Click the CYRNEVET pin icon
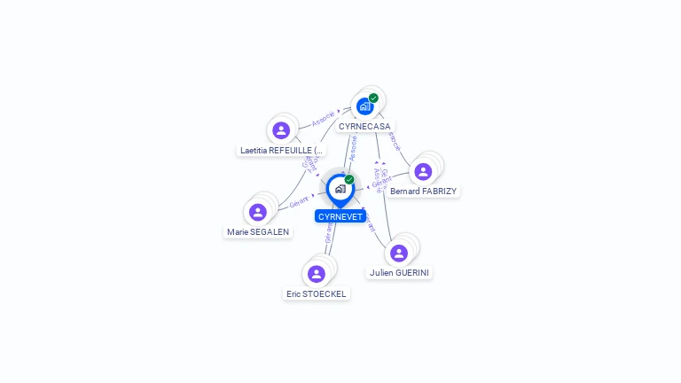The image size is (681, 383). pos(340,189)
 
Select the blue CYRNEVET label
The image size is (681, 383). pos(340,216)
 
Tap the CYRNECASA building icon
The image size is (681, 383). pos(364,106)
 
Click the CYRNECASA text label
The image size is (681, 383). pos(364,127)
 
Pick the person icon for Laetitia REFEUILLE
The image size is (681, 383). pos(281,130)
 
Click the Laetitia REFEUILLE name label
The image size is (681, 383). pos(282,151)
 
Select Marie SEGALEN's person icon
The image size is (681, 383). pos(258,212)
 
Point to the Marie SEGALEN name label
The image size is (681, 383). pos(258,232)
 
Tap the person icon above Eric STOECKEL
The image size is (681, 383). pos(317,274)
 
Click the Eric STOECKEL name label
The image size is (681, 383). pos(317,293)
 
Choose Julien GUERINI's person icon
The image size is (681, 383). pos(399,253)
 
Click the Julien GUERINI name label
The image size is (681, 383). pos(400,273)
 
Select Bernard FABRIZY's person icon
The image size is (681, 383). pos(423,171)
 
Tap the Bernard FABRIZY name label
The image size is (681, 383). pos(424,191)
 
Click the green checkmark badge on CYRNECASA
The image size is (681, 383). pos(373,98)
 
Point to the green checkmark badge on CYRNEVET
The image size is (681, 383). pos(349,179)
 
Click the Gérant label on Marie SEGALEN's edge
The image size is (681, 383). pos(299,203)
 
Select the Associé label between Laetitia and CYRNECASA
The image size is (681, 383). pos(323,117)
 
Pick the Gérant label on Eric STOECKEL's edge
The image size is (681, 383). pos(329,233)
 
